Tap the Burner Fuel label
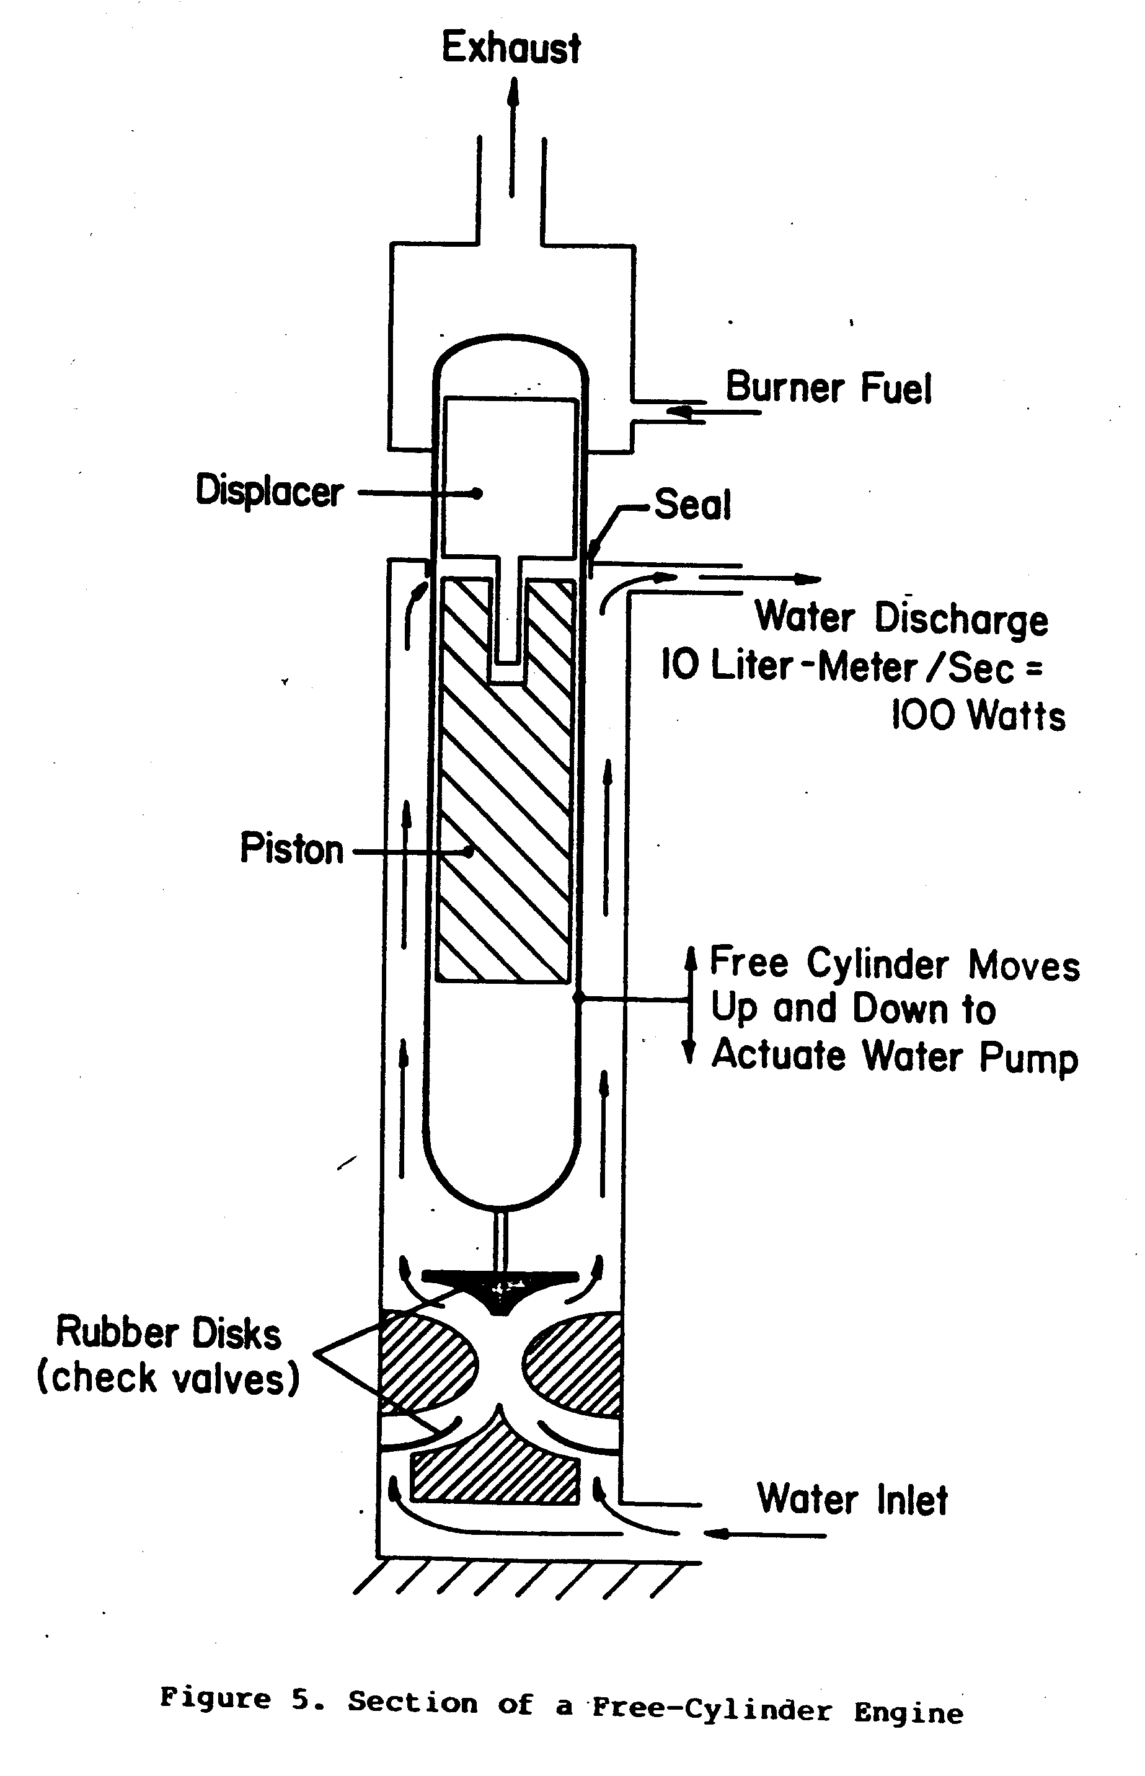point(828,387)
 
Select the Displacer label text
point(269,492)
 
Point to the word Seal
point(692,505)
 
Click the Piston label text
point(291,849)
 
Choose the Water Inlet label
point(852,1500)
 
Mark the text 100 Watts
point(978,716)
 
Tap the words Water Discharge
point(901,619)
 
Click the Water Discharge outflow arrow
point(758,579)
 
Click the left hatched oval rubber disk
point(425,1362)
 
